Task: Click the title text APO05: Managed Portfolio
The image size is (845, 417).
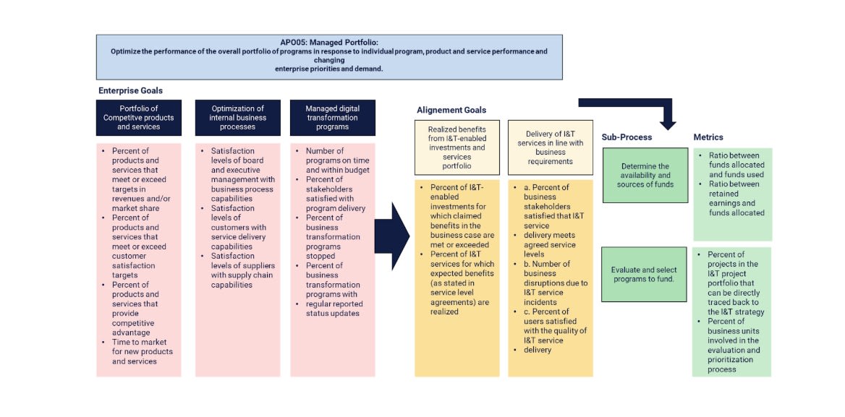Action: (x=329, y=43)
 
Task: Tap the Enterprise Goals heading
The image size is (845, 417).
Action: (x=131, y=91)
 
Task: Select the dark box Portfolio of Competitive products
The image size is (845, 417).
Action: (x=139, y=118)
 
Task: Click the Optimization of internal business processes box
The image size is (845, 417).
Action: (x=237, y=118)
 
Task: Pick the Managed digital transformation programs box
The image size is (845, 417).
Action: (x=333, y=118)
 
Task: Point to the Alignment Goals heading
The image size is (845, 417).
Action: (x=451, y=111)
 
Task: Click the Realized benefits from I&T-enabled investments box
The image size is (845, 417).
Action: (x=457, y=147)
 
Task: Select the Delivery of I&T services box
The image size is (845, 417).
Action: (x=551, y=147)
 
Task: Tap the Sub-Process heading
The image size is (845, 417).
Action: (x=627, y=137)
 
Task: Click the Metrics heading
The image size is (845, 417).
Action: (x=708, y=137)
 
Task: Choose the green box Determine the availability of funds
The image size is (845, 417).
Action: (x=645, y=176)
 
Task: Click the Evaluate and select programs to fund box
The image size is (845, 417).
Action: (x=644, y=275)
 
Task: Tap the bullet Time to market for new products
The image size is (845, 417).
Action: (x=143, y=351)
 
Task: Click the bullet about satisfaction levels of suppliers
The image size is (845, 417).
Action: (x=242, y=275)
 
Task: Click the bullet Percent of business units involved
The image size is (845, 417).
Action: (x=734, y=345)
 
